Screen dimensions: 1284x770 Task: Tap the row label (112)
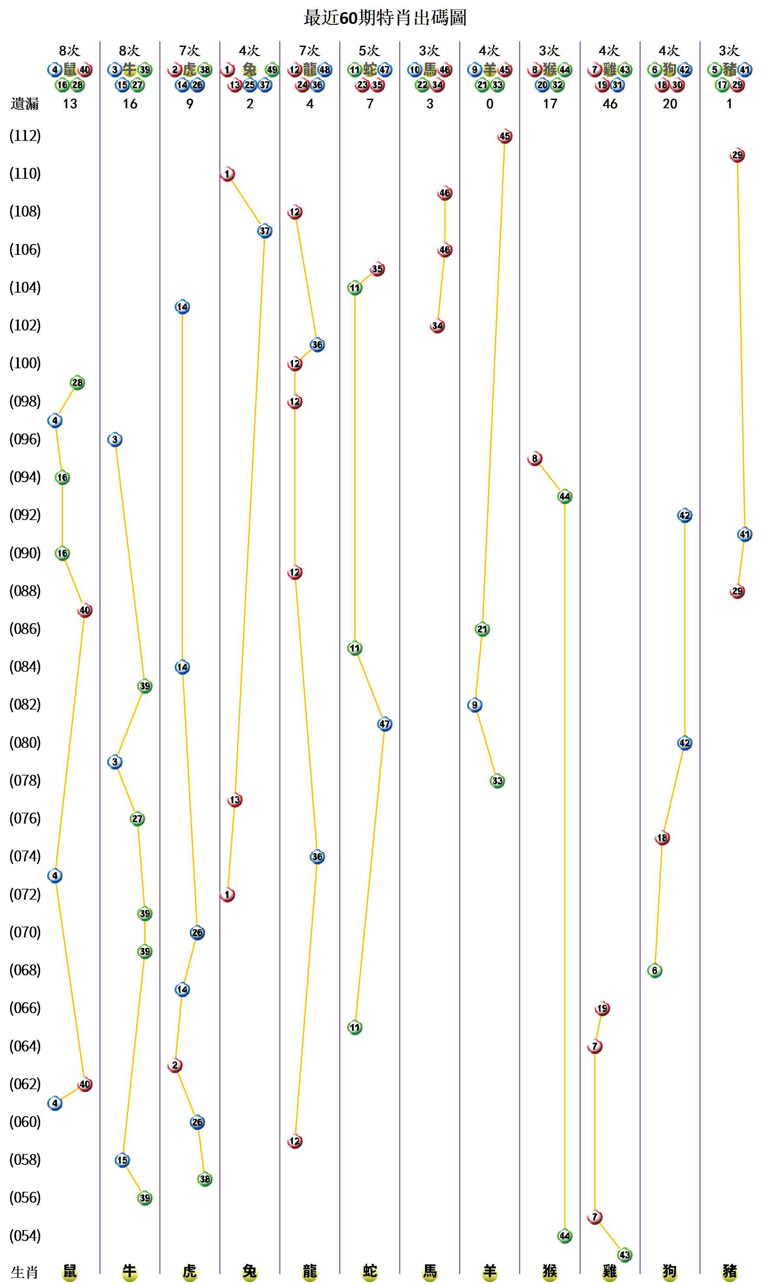tap(25, 136)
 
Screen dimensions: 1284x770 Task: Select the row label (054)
tap(25, 1236)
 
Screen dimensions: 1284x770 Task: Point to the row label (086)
tap(25, 629)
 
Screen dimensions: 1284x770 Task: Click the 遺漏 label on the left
tap(24, 104)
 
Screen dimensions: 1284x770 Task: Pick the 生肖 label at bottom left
tap(24, 1272)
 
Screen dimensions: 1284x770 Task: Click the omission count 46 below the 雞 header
tap(610, 104)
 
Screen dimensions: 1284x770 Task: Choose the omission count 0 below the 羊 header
tap(489, 104)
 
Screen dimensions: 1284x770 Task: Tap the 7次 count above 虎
tap(189, 51)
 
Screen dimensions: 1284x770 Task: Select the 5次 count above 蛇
tap(369, 51)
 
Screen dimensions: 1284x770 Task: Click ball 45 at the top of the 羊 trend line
tap(504, 137)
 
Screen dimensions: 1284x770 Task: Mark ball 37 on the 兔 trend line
tap(265, 231)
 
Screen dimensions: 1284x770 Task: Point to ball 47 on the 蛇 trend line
tap(385, 724)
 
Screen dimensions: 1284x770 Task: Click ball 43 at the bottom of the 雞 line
tap(625, 1255)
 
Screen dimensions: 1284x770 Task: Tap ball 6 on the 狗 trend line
tap(655, 971)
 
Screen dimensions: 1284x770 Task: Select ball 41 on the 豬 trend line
tap(744, 534)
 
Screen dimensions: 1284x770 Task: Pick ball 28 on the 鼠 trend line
tap(77, 383)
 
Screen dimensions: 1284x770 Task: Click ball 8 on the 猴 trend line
tap(534, 458)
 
